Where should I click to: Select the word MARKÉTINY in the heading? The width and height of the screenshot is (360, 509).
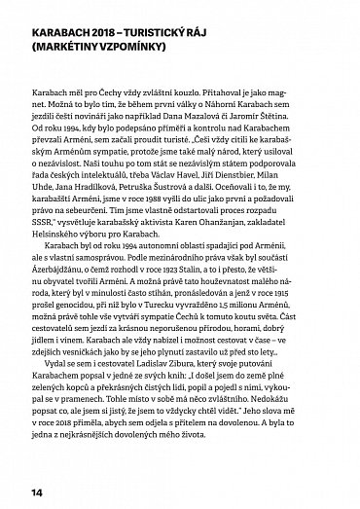[74, 44]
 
